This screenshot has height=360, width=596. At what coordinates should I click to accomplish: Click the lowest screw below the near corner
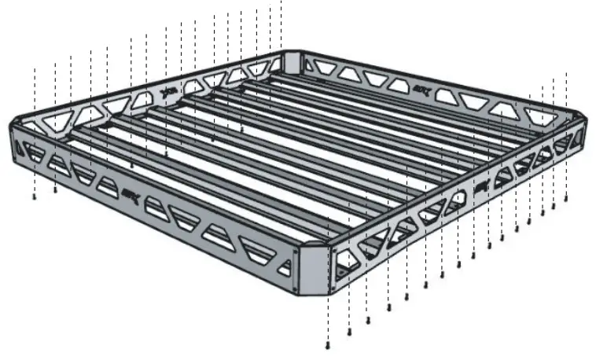[x=328, y=346]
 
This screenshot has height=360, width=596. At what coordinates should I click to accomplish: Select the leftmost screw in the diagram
[x=35, y=197]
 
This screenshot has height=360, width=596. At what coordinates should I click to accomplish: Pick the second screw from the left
[x=55, y=189]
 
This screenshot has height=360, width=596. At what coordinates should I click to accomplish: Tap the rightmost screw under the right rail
[x=566, y=200]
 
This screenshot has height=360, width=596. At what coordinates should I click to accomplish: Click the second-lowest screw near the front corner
[x=348, y=333]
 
